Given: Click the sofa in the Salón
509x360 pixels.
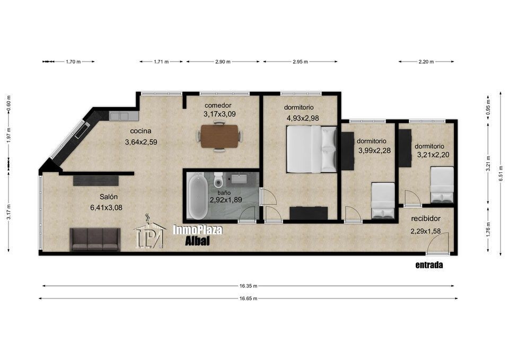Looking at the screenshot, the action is pos(95,239).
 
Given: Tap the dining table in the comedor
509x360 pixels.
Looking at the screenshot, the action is pos(220,136).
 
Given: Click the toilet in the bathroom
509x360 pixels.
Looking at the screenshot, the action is pos(218,181).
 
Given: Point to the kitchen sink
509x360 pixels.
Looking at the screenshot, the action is pos(119,116).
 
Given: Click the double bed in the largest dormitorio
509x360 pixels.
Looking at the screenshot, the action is pos(312,149).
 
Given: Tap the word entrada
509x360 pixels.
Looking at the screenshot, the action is pos(429,265).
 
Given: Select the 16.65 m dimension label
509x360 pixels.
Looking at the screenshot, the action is pos(249,298).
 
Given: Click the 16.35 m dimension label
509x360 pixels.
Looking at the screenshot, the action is pos(249,286).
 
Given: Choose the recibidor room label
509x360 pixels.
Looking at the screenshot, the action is pos(426,219).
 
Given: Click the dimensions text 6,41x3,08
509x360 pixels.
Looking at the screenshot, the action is pos(106,207).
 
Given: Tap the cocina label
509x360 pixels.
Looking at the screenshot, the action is pos(141,131).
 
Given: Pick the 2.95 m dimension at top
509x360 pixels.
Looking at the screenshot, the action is pos(300,62).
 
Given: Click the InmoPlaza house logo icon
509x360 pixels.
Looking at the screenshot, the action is pos(149,232).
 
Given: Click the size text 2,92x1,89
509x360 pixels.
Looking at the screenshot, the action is pos(226,200).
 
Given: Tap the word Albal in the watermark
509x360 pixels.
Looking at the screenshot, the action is pos(197,241).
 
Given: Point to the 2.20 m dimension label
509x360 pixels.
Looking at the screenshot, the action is pos(426,62).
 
